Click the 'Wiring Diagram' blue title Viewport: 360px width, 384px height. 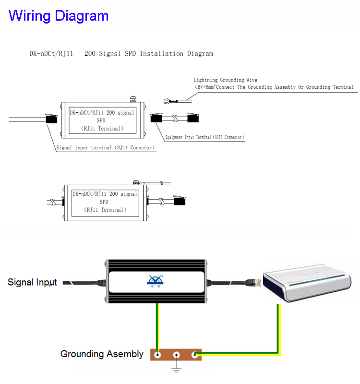(x=59, y=15)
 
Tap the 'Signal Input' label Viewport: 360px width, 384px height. (x=32, y=282)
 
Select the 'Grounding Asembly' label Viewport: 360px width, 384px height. (x=102, y=354)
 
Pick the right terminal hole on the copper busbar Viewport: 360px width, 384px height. (x=195, y=355)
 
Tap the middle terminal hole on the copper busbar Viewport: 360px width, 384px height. (x=177, y=355)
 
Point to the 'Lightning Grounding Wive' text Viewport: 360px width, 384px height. (x=225, y=80)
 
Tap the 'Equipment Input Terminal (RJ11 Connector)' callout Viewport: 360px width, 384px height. (x=204, y=137)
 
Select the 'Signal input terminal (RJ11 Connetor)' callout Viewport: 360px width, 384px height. (x=106, y=148)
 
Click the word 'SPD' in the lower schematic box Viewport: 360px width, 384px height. (x=105, y=202)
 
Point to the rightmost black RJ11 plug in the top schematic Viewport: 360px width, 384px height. (x=194, y=118)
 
